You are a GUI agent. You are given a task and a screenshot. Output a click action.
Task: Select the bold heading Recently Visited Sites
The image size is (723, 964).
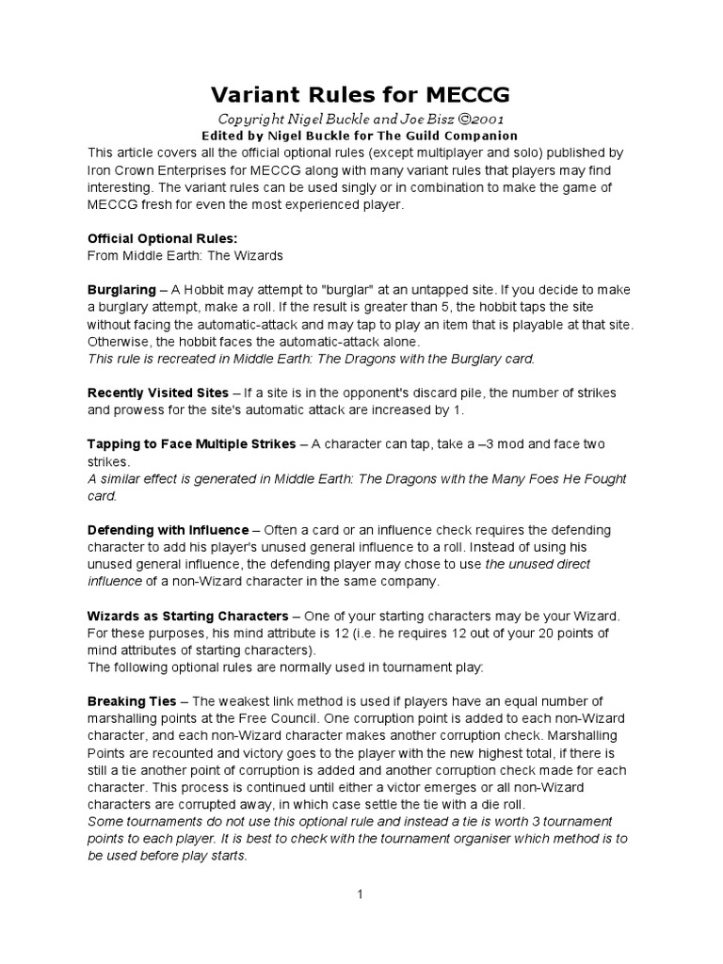pyautogui.click(x=157, y=392)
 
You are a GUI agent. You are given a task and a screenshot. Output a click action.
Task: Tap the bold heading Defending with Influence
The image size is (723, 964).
pyautogui.click(x=168, y=530)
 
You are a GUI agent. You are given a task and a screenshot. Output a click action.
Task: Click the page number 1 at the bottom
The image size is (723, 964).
pyautogui.click(x=360, y=894)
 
